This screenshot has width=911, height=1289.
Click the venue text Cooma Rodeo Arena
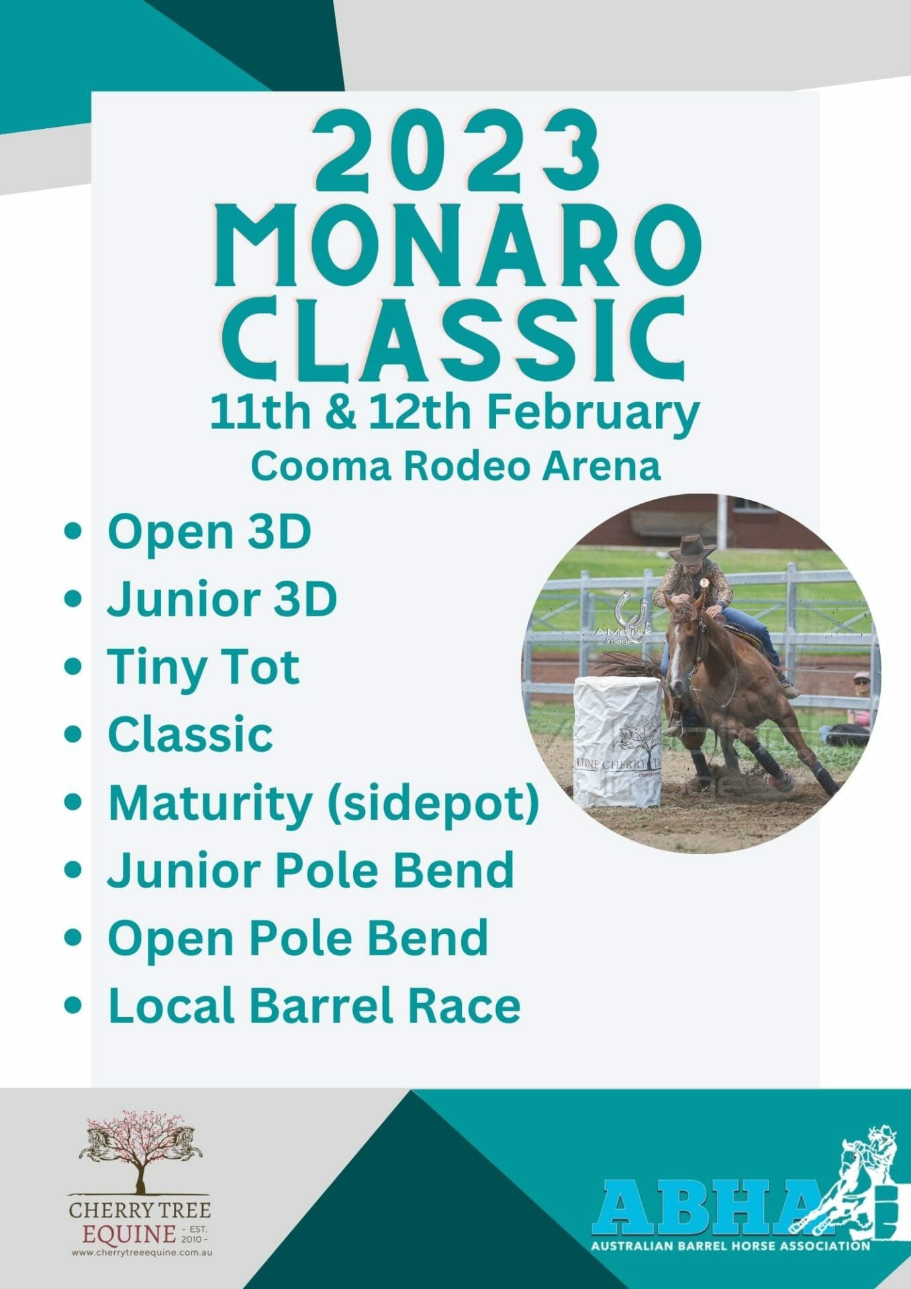(x=455, y=466)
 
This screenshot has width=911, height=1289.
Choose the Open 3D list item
(x=209, y=532)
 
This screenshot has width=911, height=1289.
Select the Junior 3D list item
(x=222, y=599)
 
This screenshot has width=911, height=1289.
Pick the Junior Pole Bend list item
(x=311, y=870)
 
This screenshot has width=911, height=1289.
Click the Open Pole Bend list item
(x=298, y=938)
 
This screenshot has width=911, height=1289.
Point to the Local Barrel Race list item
(x=314, y=1006)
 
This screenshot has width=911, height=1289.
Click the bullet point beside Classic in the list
(x=74, y=734)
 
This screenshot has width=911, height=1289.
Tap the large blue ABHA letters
(x=705, y=1208)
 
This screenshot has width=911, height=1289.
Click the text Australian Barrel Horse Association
(x=730, y=1246)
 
